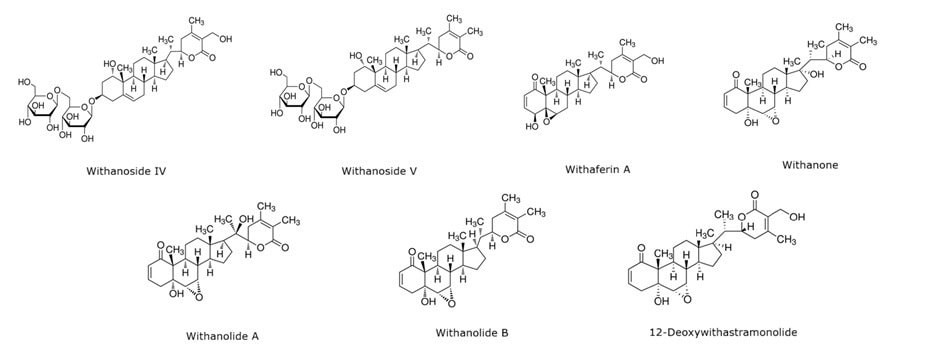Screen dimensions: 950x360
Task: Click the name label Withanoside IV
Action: (126, 171)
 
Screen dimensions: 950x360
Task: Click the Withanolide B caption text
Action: (473, 332)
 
